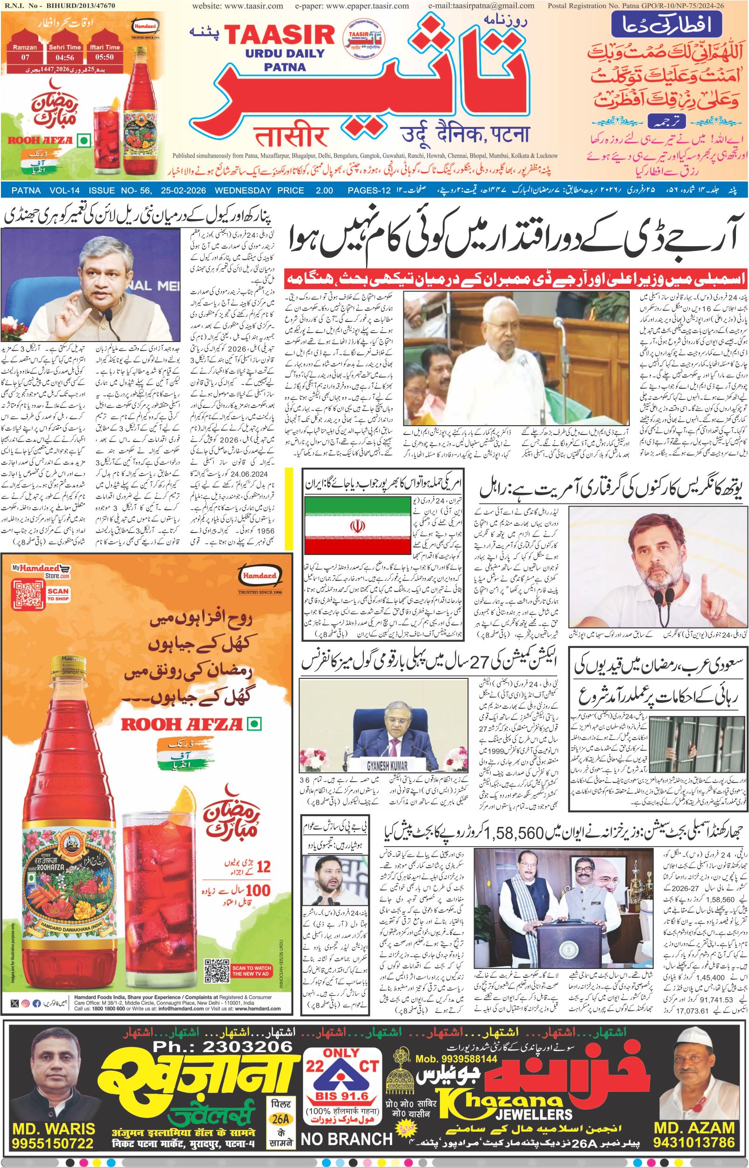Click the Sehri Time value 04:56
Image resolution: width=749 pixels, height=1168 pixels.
click(x=64, y=57)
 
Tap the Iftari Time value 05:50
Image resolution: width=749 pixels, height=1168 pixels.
click(x=105, y=57)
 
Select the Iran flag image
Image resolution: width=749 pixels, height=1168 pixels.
click(x=356, y=526)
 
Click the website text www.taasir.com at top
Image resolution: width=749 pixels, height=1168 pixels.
click(x=238, y=6)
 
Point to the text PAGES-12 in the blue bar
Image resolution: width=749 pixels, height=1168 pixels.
click(x=369, y=191)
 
